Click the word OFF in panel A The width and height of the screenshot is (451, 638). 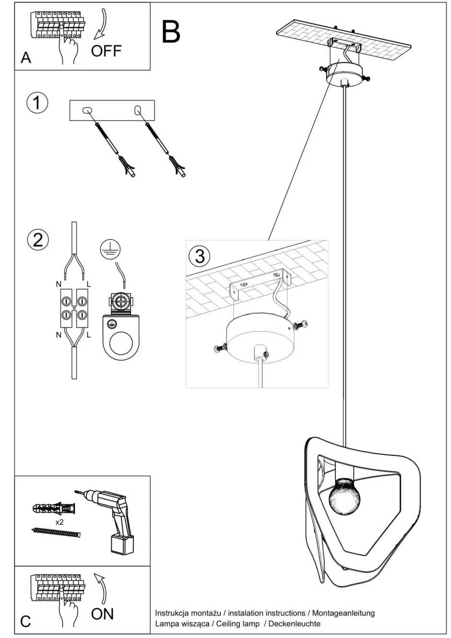[x=106, y=51]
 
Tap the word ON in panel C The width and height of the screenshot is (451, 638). [x=102, y=614]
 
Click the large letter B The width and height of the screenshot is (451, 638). [x=171, y=32]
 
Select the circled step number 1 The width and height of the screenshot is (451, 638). [x=37, y=103]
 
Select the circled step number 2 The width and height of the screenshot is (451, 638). [x=38, y=239]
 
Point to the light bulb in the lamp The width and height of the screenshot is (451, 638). [x=344, y=496]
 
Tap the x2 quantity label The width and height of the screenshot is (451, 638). [x=59, y=522]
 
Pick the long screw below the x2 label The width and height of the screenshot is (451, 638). [x=56, y=532]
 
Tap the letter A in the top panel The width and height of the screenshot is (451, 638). [x=25, y=58]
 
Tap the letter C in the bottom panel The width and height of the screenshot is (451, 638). [x=25, y=621]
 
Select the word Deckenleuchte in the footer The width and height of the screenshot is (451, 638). [x=294, y=623]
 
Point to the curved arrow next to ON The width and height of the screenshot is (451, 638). [x=101, y=589]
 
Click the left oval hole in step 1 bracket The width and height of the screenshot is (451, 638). [x=87, y=110]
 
